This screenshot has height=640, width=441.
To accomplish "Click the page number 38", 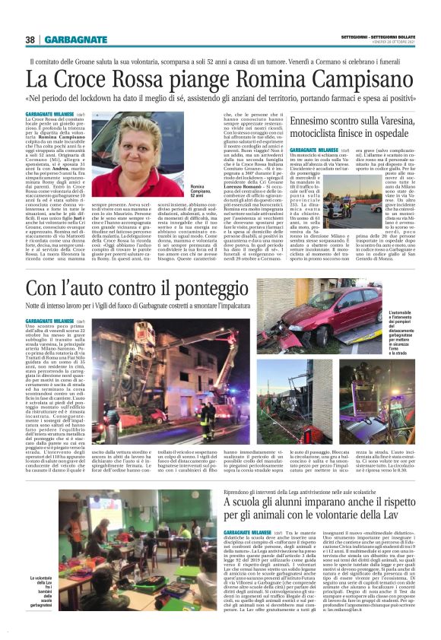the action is pos(31,40).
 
